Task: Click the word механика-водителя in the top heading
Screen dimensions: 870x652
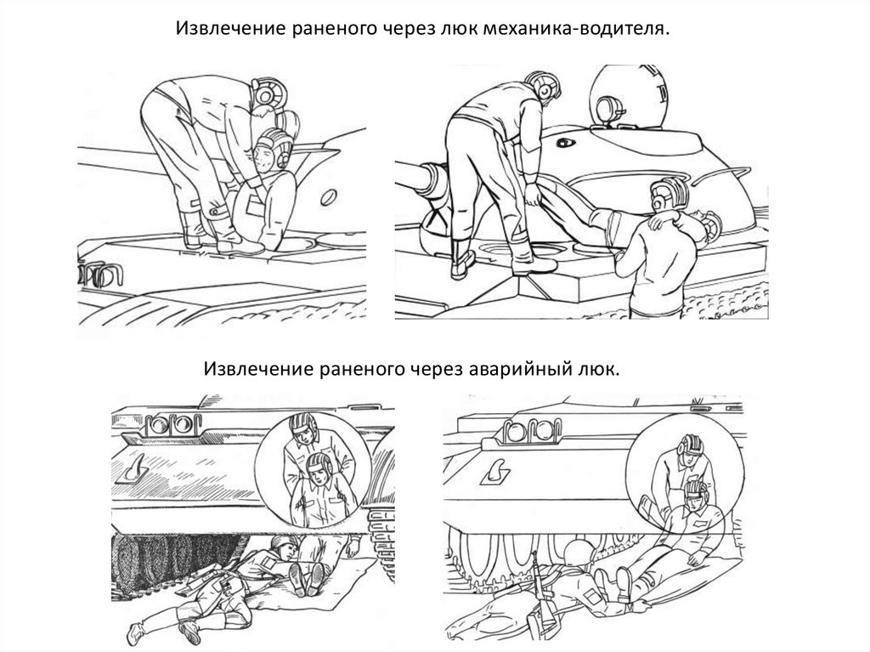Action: point(577,28)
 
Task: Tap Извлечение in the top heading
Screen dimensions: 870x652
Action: point(229,28)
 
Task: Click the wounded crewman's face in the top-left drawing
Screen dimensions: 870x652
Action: point(264,156)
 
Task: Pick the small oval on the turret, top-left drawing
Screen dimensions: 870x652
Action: point(329,197)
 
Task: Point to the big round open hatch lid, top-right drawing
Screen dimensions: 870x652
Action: point(628,95)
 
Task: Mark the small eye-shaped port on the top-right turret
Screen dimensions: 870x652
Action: point(565,143)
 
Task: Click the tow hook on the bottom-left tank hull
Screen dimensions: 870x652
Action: point(133,468)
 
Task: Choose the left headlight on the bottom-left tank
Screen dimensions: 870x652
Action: point(158,425)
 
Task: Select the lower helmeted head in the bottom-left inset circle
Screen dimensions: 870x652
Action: point(320,468)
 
